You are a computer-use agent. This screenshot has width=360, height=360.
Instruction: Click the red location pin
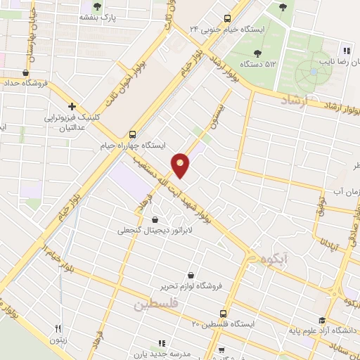point(181,165)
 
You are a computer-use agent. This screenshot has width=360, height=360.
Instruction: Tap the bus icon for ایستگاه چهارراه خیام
point(132,134)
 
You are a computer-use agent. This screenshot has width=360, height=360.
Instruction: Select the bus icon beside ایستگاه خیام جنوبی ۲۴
point(226,19)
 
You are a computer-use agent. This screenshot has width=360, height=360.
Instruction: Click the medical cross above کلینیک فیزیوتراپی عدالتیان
point(72,105)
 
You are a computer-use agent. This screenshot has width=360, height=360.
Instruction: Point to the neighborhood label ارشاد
point(294,103)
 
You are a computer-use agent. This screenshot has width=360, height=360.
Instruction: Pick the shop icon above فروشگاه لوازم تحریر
point(190,276)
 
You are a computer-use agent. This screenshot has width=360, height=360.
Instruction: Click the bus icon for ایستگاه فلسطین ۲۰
point(224,313)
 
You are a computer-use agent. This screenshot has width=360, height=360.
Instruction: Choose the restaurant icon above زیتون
point(59,328)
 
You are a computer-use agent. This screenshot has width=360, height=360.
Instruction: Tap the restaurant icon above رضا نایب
point(345,50)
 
